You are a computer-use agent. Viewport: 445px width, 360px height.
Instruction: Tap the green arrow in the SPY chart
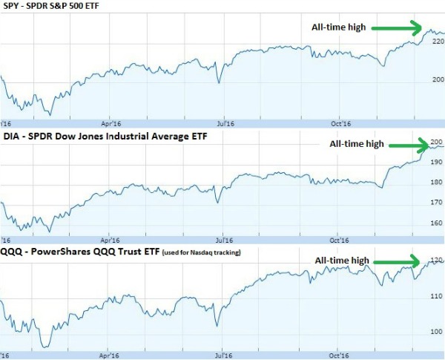point(396,28)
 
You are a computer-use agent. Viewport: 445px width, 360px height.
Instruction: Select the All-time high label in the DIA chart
point(356,144)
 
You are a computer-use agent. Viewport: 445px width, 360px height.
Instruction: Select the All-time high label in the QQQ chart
point(342,261)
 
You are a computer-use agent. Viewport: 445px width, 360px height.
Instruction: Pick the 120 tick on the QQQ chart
point(438,261)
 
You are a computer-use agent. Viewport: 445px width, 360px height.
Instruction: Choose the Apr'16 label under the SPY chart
point(111,123)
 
